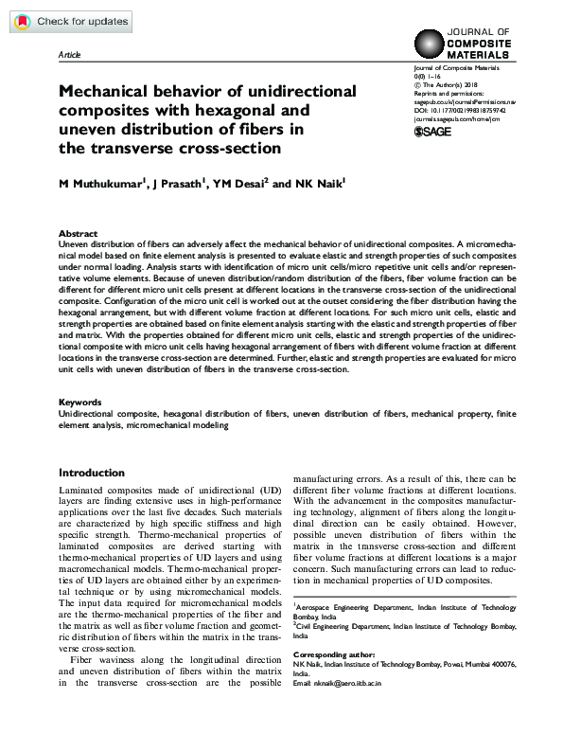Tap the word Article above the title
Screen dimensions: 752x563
coord(70,56)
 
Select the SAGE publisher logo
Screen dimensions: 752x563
coord(435,131)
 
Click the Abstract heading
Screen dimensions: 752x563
coord(78,233)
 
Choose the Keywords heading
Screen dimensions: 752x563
coord(79,403)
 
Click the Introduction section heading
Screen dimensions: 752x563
coord(91,473)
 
